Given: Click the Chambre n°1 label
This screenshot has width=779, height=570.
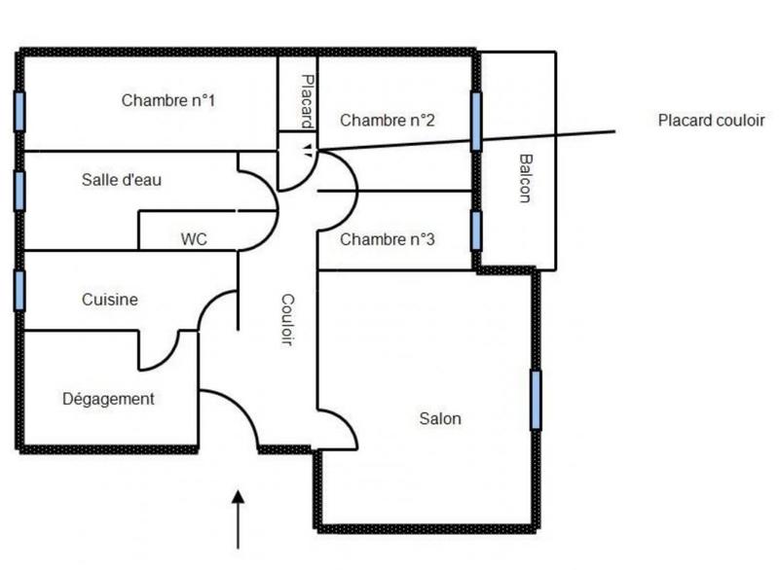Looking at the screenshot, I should (168, 100).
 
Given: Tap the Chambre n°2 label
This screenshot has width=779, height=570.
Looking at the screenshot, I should (387, 121).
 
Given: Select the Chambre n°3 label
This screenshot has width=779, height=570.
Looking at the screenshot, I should (387, 239).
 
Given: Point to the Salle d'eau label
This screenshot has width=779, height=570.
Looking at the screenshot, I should (122, 179).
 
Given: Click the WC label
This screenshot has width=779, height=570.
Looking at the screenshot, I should (194, 238).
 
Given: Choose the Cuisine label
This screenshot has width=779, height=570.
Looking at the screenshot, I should (109, 301).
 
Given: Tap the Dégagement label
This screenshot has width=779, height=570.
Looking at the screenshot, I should (108, 399).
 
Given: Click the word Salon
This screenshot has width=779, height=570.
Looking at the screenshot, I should (440, 419).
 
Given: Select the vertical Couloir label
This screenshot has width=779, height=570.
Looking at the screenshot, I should (287, 320).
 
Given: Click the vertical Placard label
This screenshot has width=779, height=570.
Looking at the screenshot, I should (307, 100).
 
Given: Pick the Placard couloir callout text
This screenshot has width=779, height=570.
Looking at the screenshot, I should (711, 121).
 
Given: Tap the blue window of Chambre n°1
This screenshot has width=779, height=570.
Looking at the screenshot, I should (19, 111).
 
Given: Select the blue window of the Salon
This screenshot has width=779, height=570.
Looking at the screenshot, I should (536, 400).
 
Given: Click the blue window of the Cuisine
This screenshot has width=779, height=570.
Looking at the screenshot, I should (19, 290).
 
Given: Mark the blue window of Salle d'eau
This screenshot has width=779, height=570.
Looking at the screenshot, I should (19, 191).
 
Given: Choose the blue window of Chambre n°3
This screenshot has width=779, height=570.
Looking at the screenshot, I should (476, 231).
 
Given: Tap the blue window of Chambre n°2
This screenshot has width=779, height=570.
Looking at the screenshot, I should (476, 121).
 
